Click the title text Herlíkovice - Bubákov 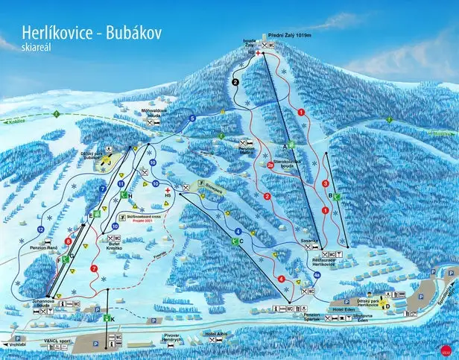coord(88,34)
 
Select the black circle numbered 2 coord(236,82)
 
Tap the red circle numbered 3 coord(325,183)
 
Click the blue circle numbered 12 coord(39,229)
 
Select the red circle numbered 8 coord(69,241)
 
